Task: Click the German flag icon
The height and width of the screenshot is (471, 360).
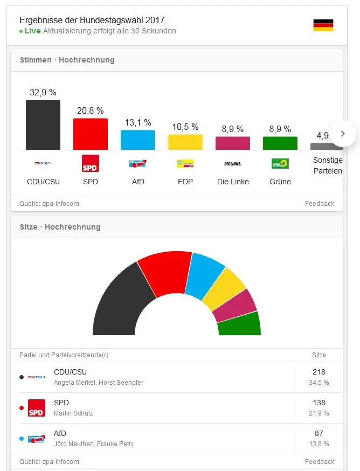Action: pyautogui.click(x=323, y=25)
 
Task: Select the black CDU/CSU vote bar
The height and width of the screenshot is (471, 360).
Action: pyautogui.click(x=43, y=125)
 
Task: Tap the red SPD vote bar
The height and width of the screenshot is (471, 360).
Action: pyautogui.click(x=91, y=134)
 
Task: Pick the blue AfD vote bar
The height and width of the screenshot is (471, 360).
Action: pyautogui.click(x=138, y=140)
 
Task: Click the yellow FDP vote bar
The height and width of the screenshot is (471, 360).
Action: pyautogui.click(x=185, y=142)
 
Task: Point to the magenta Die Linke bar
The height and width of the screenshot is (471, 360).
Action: pyautogui.click(x=233, y=143)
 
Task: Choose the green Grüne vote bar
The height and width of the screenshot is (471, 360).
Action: pyautogui.click(x=280, y=143)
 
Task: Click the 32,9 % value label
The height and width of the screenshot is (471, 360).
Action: pyautogui.click(x=43, y=92)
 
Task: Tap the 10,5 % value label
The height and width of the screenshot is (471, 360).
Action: pyautogui.click(x=185, y=127)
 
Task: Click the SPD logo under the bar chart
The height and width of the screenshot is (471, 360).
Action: pyautogui.click(x=91, y=163)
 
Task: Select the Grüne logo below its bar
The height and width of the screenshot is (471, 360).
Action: pyautogui.click(x=280, y=163)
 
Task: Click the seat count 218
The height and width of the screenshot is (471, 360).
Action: pyautogui.click(x=319, y=372)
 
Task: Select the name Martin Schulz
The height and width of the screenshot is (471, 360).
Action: pyautogui.click(x=74, y=413)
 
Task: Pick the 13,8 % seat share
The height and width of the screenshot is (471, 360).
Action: pyautogui.click(x=319, y=444)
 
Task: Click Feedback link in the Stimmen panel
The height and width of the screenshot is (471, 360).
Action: pyautogui.click(x=320, y=204)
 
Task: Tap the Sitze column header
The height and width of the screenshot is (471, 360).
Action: pyautogui.click(x=319, y=355)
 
